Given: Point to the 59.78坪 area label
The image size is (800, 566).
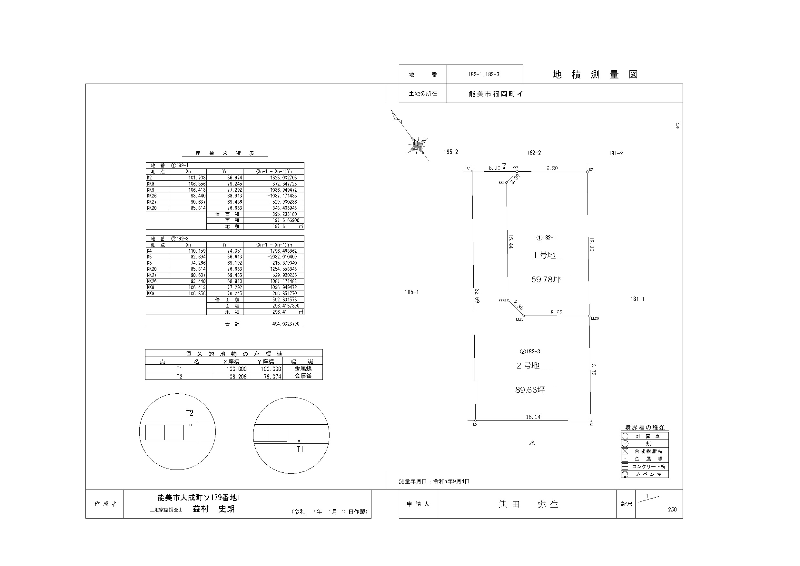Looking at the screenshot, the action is click(x=546, y=279).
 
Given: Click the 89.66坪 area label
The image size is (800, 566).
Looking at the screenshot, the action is click(x=530, y=389).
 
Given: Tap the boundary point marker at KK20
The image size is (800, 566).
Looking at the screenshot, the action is click(x=589, y=316).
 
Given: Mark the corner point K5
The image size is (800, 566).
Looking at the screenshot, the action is click(x=475, y=420).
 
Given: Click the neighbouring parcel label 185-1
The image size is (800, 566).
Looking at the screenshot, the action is click(x=411, y=292).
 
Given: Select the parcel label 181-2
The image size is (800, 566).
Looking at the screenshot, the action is click(x=616, y=153).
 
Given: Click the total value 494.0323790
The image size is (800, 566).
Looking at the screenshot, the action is click(x=286, y=324).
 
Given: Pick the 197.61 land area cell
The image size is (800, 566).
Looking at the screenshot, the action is click(x=280, y=226).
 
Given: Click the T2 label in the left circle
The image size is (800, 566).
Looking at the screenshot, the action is click(x=190, y=413).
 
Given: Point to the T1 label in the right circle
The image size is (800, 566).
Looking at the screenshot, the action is click(x=300, y=450).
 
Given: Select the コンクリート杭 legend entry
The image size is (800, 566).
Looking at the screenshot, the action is click(x=648, y=467).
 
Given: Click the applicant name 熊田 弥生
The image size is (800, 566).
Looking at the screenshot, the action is click(x=528, y=504).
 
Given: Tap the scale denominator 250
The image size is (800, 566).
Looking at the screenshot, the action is click(x=672, y=510).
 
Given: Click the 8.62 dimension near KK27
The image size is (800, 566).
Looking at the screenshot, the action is click(x=556, y=312).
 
